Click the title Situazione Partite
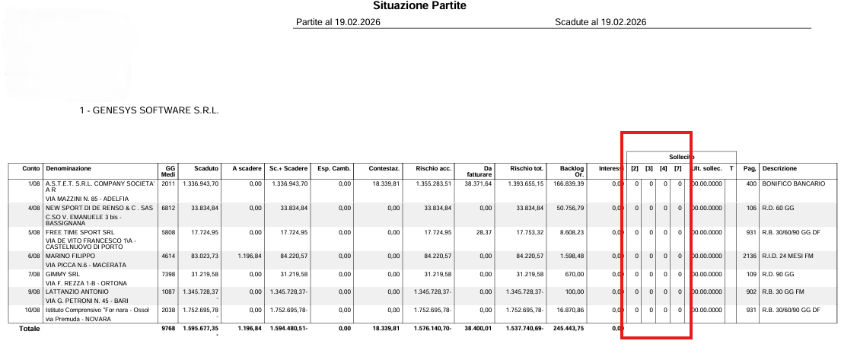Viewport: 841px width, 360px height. click(419, 6)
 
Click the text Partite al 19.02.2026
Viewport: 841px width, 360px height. click(337, 22)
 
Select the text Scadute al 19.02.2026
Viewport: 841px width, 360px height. click(600, 22)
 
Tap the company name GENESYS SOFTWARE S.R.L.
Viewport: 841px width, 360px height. click(149, 111)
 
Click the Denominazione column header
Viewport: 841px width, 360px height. click(68, 168)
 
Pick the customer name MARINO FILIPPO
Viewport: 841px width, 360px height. click(75, 256)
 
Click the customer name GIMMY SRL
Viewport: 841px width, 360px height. click(64, 273)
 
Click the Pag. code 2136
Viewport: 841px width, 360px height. click(749, 256)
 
